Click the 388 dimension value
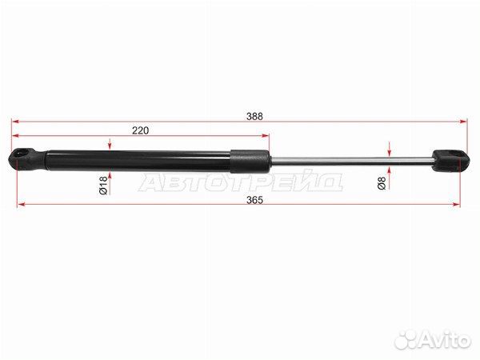click(x=254, y=116)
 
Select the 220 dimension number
click(x=141, y=130)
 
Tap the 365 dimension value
click(x=254, y=200)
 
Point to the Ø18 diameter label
click(x=103, y=186)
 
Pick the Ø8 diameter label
click(x=382, y=183)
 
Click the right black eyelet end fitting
click(x=450, y=160)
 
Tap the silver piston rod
click(x=351, y=162)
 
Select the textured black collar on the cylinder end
click(x=250, y=161)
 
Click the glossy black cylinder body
click(x=138, y=160)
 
